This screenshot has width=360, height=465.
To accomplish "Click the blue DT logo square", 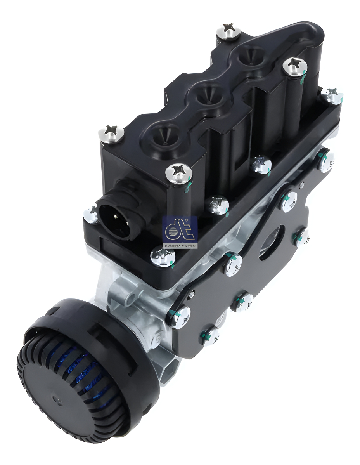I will [180, 229].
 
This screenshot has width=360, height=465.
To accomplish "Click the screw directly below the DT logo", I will [163, 256].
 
